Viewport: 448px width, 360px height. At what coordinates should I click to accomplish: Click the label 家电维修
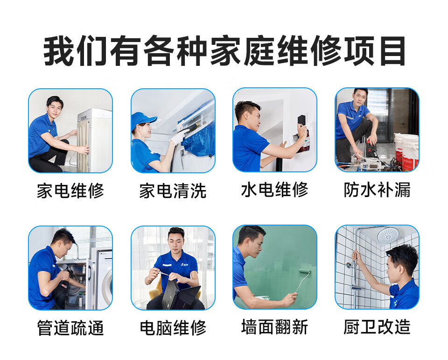coord(70,191)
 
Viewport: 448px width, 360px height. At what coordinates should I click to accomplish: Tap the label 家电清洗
coord(173,191)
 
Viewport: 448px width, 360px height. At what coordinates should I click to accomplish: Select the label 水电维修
coord(274,190)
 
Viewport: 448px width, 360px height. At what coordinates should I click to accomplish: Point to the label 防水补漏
coord(377,190)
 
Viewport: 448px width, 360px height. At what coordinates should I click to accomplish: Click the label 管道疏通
coord(70,328)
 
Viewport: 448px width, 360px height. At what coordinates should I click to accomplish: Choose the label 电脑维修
coord(173,328)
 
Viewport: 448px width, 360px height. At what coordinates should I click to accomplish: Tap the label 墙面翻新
coord(274,327)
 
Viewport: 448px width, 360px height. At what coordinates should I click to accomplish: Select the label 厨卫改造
coord(377,327)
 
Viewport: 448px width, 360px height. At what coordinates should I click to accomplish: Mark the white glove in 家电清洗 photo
coord(178,136)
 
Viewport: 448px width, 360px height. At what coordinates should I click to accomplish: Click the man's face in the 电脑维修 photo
coord(176,240)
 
